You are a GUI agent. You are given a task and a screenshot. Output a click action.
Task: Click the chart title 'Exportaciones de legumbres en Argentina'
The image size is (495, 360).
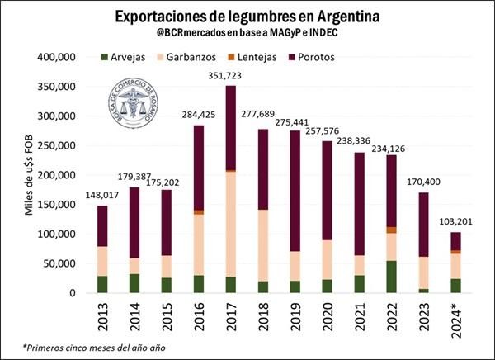[247, 17]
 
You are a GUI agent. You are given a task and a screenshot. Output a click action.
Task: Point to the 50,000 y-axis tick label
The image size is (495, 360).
[60, 263]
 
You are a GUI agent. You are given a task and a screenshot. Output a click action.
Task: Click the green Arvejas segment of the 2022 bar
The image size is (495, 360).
[391, 277]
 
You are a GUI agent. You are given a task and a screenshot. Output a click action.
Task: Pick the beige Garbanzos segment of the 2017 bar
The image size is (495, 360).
[230, 223]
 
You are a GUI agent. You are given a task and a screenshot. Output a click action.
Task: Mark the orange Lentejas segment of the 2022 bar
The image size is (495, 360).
[391, 230]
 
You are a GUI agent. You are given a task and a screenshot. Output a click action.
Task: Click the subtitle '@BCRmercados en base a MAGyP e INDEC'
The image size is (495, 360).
[247, 34]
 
